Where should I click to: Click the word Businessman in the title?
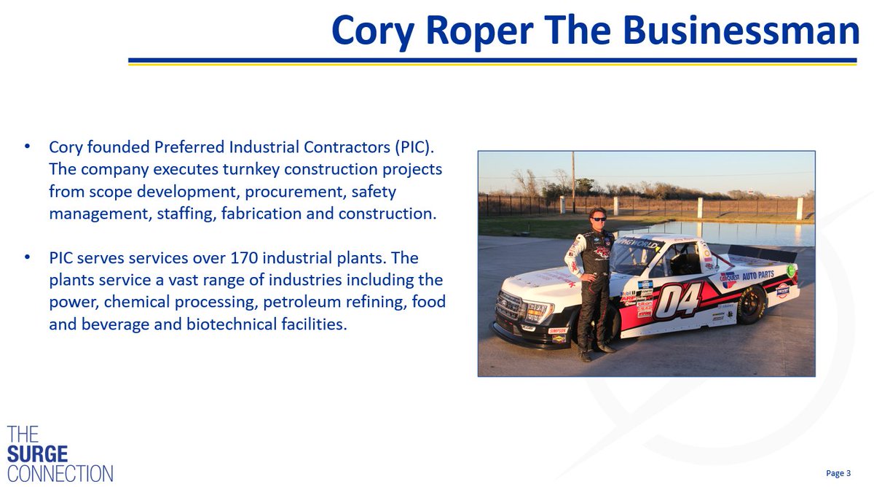point(740,31)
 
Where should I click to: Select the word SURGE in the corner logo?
point(37,453)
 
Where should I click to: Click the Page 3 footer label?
point(838,474)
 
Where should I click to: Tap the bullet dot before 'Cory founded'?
point(27,147)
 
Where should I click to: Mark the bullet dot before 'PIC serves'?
point(27,259)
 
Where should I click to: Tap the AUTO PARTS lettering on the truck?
point(757,275)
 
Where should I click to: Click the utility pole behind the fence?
point(573,179)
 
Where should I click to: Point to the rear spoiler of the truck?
point(765,253)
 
